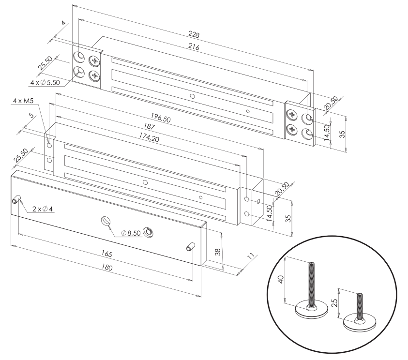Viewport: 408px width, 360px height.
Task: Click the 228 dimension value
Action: point(195,34)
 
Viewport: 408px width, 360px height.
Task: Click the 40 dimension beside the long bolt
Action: point(280,281)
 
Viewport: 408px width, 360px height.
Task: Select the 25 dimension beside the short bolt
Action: point(334,304)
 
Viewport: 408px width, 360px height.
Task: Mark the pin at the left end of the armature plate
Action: point(17,199)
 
